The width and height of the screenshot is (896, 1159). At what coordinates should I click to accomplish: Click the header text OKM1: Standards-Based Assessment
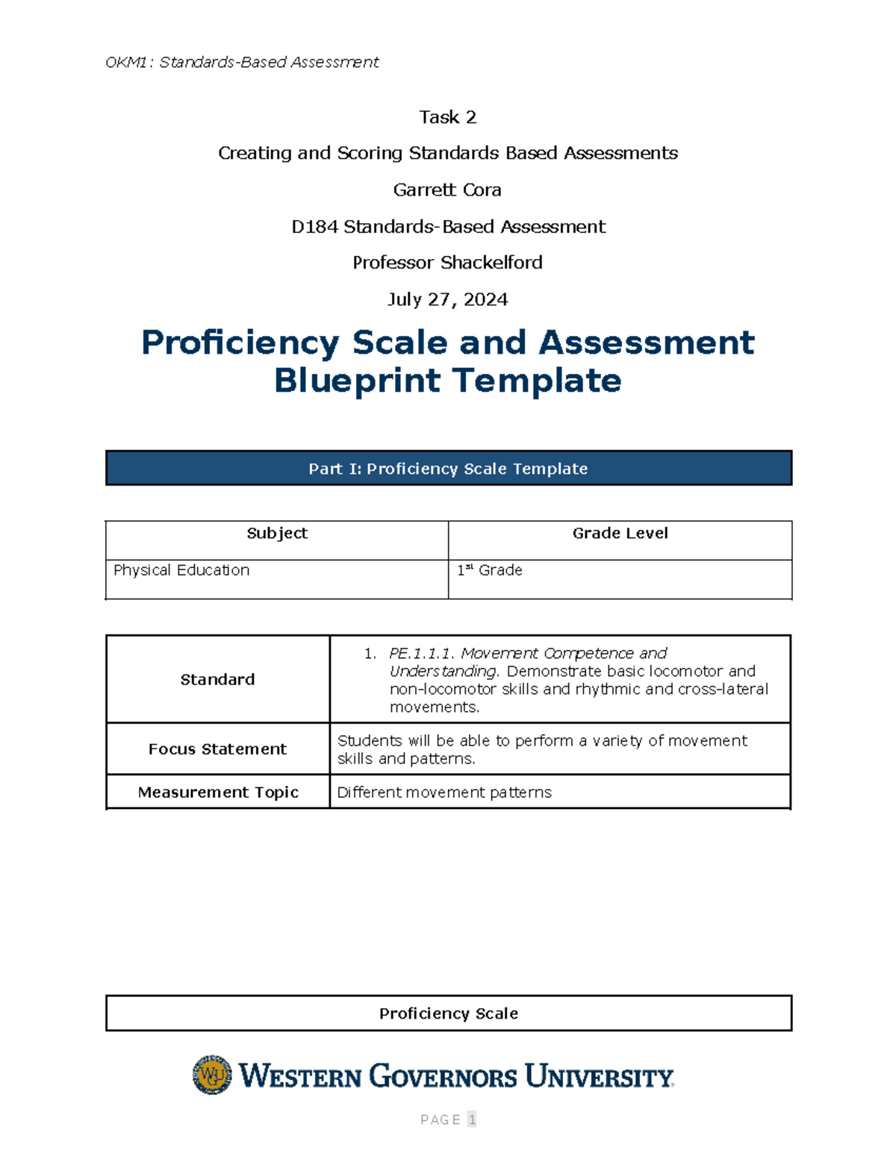point(242,62)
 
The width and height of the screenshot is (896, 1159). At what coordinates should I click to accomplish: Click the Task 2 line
point(447,117)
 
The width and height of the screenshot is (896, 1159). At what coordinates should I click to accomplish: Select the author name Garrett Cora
point(447,190)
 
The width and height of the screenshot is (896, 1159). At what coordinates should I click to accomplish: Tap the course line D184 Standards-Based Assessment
point(448,227)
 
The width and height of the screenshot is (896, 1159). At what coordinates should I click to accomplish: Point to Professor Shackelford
point(447,263)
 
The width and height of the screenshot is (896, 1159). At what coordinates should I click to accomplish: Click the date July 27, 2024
point(447,300)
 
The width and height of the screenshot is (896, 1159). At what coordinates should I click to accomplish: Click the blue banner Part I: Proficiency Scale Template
point(448,469)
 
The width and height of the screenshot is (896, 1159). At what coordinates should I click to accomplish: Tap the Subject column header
point(277,534)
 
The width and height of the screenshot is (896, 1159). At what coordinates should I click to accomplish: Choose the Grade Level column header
point(620,534)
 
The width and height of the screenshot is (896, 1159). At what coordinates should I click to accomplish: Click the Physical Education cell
point(181,570)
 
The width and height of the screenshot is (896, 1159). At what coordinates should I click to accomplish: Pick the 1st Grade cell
point(490,570)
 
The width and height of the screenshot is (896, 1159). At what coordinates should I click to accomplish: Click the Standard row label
point(217,680)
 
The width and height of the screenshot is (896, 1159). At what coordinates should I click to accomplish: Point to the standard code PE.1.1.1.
point(422,654)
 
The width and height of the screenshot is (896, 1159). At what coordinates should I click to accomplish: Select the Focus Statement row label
point(217,749)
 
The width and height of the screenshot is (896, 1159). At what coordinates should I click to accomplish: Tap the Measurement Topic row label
point(218,793)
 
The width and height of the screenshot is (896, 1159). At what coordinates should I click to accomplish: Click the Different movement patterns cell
point(444,793)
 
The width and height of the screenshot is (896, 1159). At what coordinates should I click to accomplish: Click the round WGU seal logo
point(212,1075)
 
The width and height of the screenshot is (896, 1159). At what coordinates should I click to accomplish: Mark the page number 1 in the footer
point(472,1119)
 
